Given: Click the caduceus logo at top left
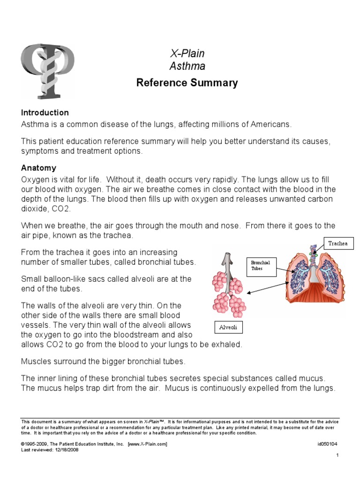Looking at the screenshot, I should tap(47, 69).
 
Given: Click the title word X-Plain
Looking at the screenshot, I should tap(187, 53).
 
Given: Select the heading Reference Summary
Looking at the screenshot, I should tap(187, 83).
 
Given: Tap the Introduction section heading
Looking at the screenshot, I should tap(45, 113).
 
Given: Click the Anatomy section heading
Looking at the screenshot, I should tap(38, 168).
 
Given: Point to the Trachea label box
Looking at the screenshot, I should tap(337, 243).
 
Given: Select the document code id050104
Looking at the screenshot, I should tap(327, 443).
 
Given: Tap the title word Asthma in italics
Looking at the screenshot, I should tap(187, 67).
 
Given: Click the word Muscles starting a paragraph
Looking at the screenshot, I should tap(37, 361).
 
